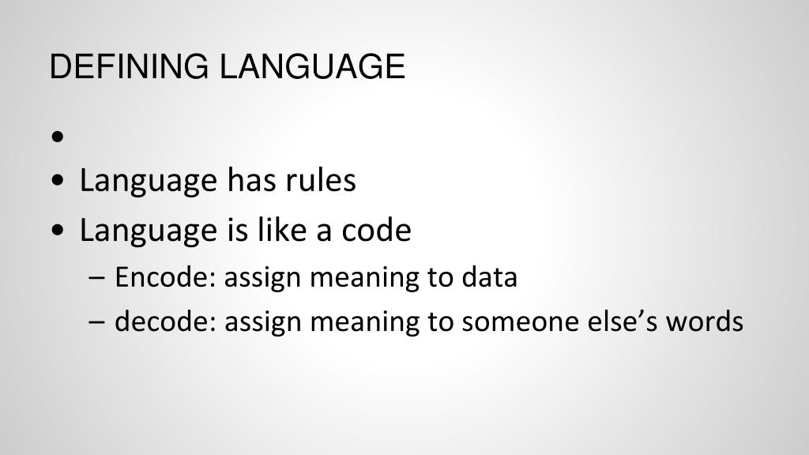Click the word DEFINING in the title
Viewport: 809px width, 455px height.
(129, 66)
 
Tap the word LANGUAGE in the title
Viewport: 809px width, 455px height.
(313, 66)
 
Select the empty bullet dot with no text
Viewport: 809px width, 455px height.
(58, 137)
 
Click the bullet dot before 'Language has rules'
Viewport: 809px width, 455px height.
(58, 181)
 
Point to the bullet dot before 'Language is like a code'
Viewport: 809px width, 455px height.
(58, 230)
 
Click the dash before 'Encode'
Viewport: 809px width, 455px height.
(97, 277)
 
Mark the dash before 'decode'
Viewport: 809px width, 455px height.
(97, 322)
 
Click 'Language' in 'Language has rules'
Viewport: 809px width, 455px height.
(149, 182)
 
